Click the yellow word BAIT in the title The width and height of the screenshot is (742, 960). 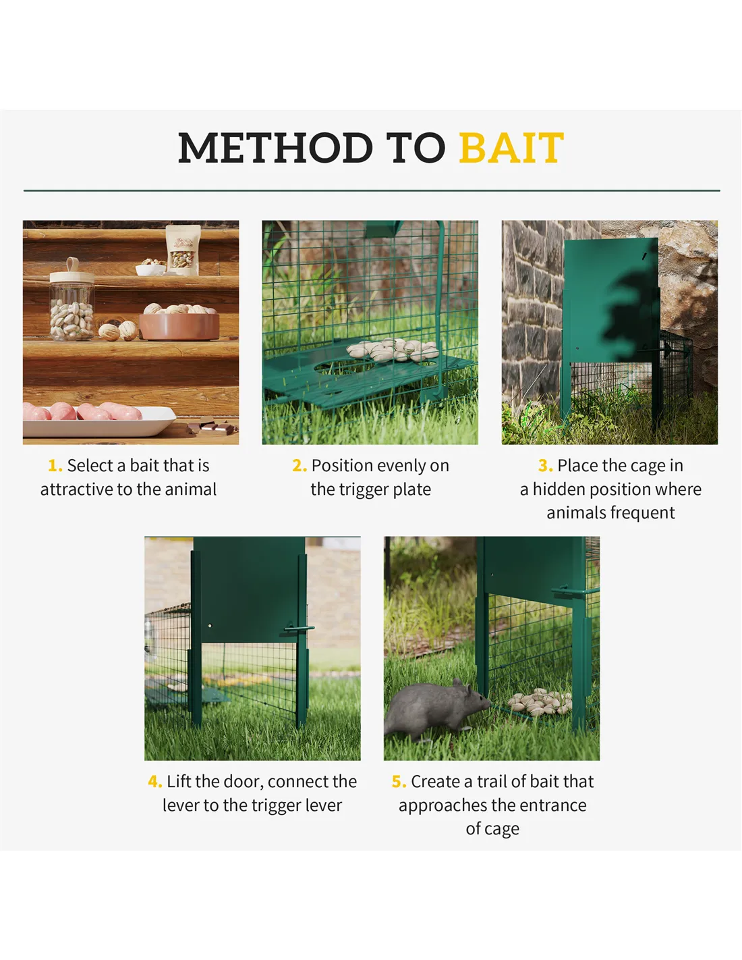[x=511, y=148]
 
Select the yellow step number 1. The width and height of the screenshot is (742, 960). [x=55, y=466]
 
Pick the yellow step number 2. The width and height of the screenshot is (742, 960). [x=299, y=466]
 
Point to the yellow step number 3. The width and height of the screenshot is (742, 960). [x=545, y=466]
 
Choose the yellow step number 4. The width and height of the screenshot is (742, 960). [x=155, y=782]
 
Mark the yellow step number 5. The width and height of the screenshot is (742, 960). [x=399, y=782]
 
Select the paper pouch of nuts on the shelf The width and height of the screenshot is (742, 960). [x=183, y=250]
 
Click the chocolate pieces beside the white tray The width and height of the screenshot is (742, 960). [x=211, y=427]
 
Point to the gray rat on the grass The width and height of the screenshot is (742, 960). [x=437, y=710]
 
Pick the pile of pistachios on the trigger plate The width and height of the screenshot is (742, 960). [x=393, y=350]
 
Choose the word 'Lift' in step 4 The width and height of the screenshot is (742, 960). [x=179, y=782]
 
